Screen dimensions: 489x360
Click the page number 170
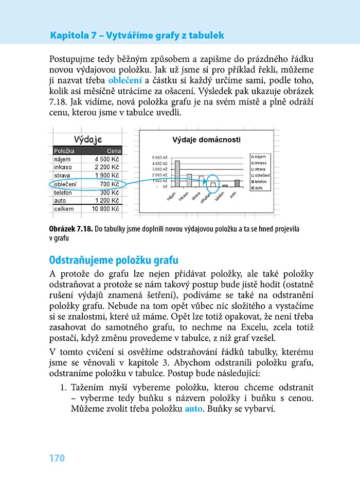pos(57,458)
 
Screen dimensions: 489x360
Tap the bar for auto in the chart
pos(237,183)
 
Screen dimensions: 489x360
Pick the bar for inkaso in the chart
pos(189,180)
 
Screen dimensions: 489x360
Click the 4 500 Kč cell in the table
pos(107,160)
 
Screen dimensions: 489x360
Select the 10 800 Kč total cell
pos(105,209)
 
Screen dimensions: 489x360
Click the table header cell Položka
pos(64,151)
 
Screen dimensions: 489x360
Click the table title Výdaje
pos(88,139)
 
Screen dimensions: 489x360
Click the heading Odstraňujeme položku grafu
pos(114,260)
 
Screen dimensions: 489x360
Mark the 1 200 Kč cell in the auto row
pos(107,201)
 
